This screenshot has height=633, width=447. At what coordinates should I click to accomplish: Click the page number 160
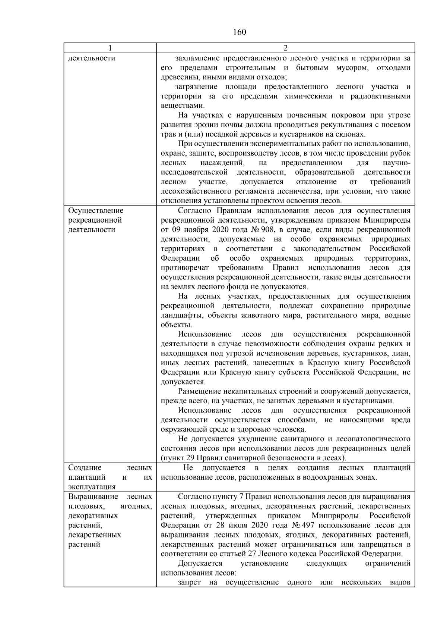coord(240,32)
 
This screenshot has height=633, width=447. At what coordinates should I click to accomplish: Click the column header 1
coord(110,48)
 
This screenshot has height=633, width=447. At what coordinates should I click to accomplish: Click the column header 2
coord(285,48)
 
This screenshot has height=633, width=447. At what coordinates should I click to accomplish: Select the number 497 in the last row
coord(305,526)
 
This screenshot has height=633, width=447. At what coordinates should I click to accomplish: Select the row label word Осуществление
coord(96,210)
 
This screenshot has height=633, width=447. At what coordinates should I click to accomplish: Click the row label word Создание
coord(80,468)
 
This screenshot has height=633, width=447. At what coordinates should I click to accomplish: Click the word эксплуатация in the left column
coord(92,487)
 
